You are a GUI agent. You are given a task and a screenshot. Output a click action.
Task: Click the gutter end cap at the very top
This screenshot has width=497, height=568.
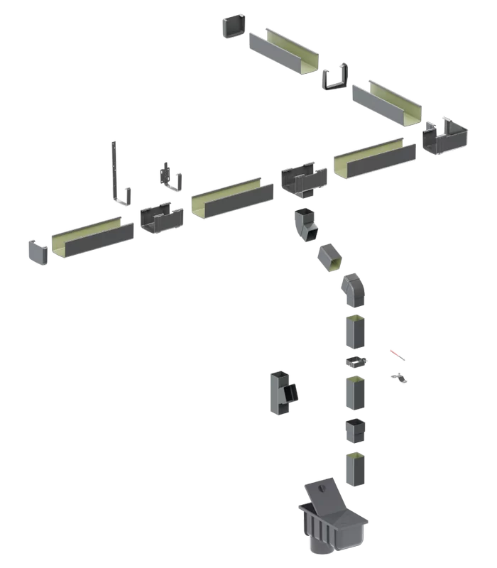[x=235, y=26]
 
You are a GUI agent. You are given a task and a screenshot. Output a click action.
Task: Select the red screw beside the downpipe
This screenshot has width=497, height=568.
[x=397, y=354]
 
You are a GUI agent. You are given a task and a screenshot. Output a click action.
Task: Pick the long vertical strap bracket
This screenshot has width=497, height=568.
[x=116, y=174]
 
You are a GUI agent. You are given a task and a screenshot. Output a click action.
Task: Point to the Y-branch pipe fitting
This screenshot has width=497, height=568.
[x=283, y=392]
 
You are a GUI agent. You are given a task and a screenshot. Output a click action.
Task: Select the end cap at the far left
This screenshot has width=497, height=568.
[x=38, y=253]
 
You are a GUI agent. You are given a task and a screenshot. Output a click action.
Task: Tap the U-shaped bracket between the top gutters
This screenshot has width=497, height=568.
[x=335, y=77]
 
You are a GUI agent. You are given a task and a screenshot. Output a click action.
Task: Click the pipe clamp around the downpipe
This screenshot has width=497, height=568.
[x=356, y=362]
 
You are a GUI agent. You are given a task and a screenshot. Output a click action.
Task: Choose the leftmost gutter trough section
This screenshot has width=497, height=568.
[x=92, y=238]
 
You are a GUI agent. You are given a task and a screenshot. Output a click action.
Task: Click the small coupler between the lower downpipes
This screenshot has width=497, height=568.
[x=355, y=430]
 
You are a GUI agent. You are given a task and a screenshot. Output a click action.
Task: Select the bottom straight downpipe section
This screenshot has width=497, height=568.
[x=357, y=469]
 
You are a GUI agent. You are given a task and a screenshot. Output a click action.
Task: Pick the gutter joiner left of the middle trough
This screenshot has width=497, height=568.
[x=161, y=217]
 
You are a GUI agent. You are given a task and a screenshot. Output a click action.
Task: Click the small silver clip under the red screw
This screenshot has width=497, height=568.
[x=400, y=378]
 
